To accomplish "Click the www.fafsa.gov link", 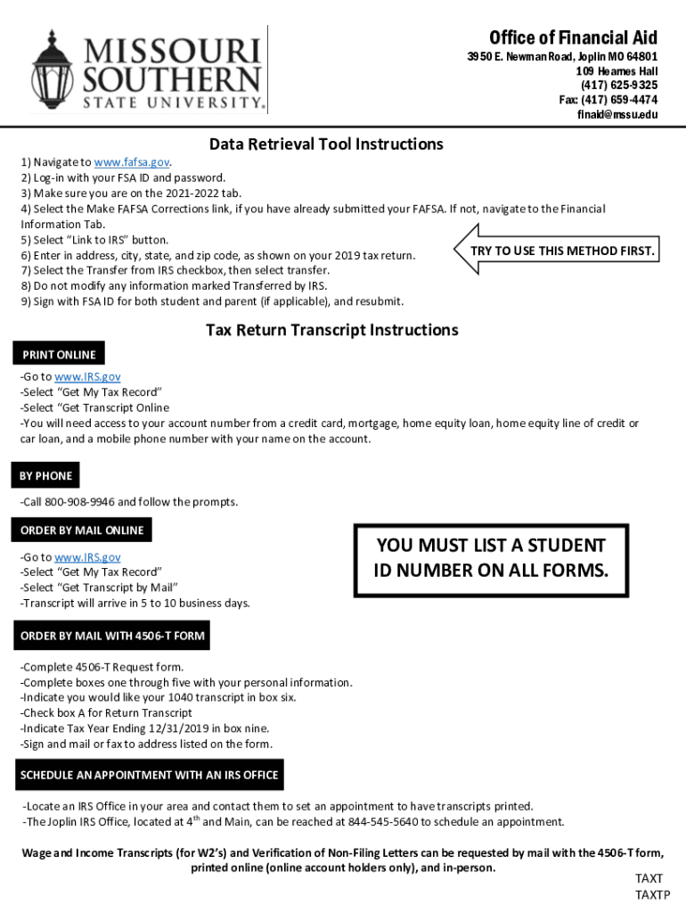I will coord(132,162).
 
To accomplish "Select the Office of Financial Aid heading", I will coord(573,37).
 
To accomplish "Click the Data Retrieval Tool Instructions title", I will coord(326,144).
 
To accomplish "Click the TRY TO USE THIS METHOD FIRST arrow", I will coord(557,251).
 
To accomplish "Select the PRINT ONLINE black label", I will coord(58,354).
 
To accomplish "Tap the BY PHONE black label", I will coord(45,476).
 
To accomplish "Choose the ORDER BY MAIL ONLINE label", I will coord(81,531).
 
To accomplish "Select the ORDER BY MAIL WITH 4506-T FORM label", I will coord(112,636).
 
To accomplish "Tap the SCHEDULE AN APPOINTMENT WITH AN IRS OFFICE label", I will coord(149,775).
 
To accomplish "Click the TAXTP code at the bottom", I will coord(651,895).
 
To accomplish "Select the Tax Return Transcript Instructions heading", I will coord(331,330).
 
